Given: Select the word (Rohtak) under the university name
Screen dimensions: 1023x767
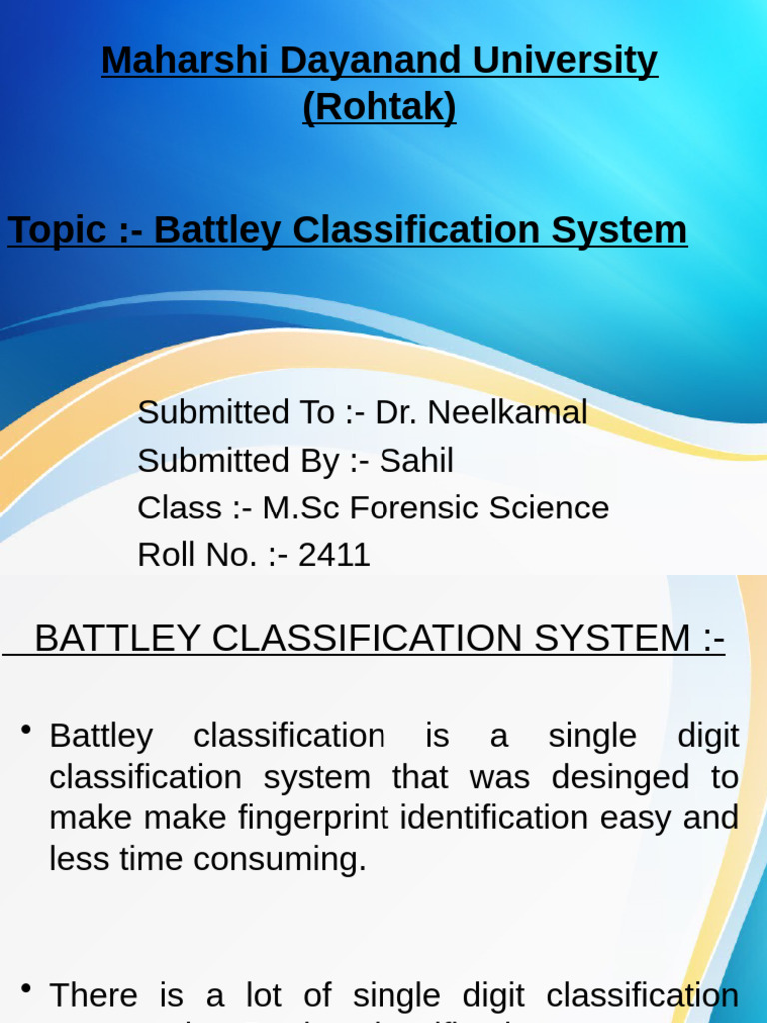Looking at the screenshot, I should click(x=380, y=107).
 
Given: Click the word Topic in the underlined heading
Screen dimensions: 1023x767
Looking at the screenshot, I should click(x=57, y=230).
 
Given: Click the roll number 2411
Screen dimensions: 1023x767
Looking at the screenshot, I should click(x=334, y=555).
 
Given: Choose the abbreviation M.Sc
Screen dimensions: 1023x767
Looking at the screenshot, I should click(x=302, y=508).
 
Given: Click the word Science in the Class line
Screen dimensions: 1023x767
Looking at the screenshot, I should click(x=549, y=508).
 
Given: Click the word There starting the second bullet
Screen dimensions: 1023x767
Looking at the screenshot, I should click(x=93, y=995).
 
